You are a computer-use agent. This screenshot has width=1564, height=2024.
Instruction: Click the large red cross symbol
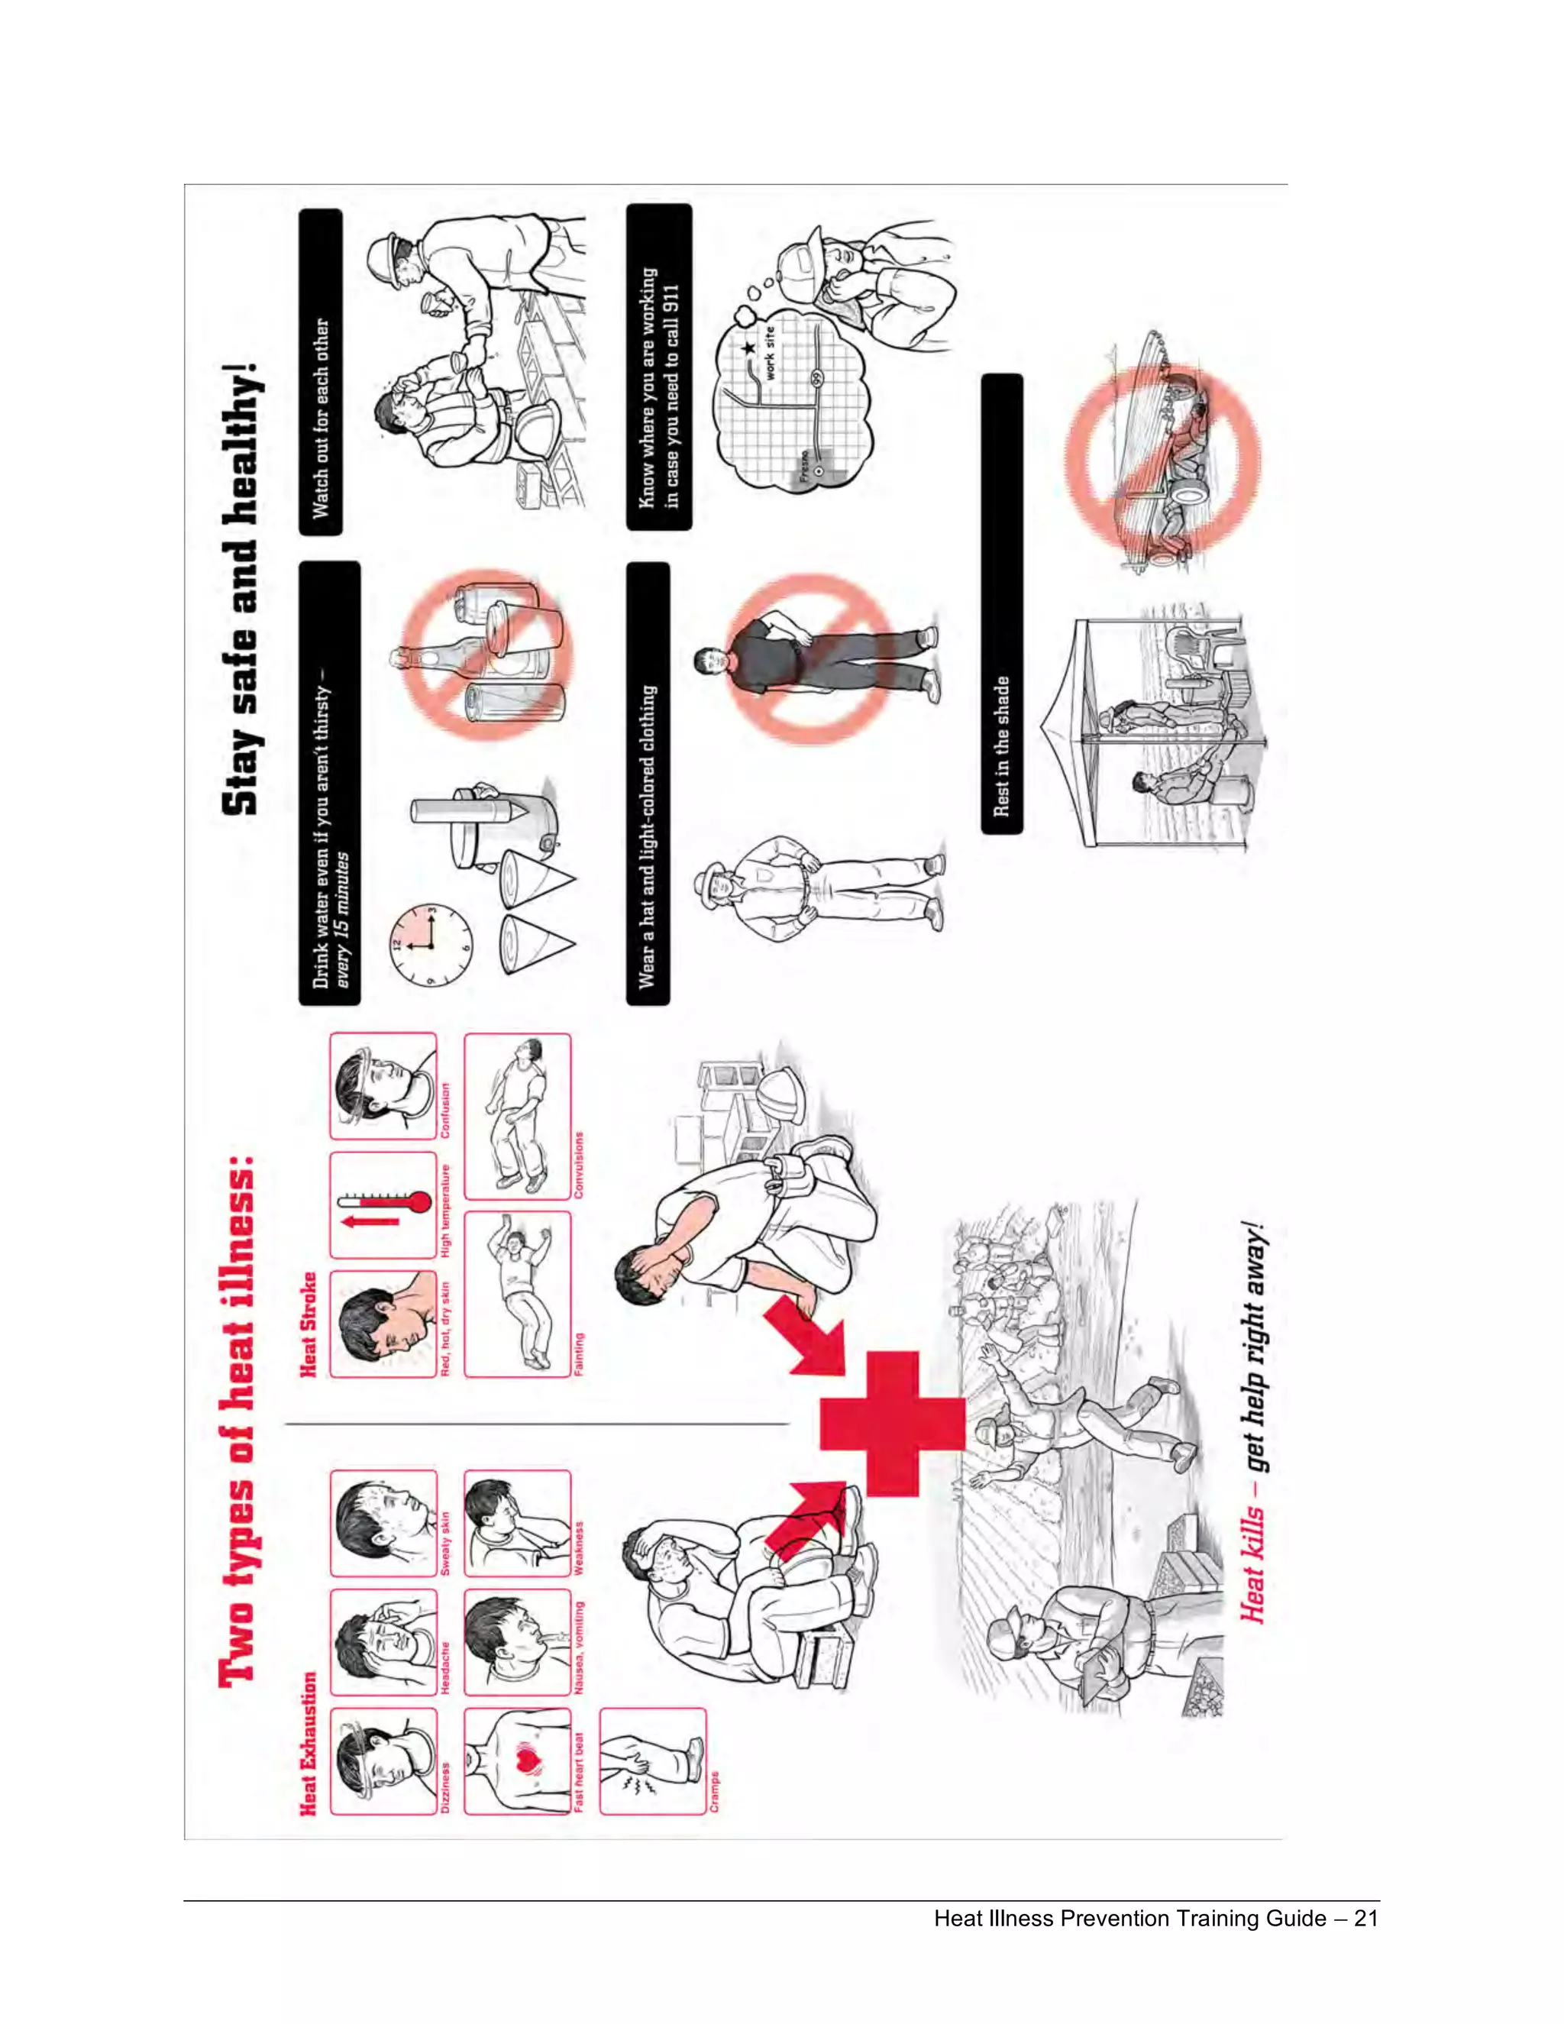coord(891,1424)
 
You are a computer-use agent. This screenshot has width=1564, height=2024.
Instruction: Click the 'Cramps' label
coord(714,1790)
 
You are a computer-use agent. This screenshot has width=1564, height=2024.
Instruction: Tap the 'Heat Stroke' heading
coord(309,1324)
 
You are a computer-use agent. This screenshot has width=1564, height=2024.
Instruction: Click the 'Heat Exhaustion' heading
coord(309,1743)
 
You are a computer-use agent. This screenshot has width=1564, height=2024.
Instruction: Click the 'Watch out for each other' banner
coord(321,418)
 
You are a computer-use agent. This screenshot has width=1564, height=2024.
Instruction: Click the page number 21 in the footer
coord(1365,1919)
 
